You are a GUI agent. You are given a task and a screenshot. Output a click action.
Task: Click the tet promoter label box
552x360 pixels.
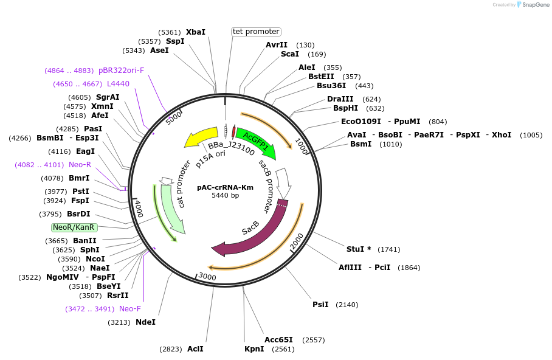(x=256, y=32)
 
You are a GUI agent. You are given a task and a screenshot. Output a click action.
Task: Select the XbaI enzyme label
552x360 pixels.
(x=196, y=32)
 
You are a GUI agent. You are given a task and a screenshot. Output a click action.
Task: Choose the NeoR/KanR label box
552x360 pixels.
(x=74, y=227)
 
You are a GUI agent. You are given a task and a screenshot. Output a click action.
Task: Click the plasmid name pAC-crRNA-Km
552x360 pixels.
(x=225, y=187)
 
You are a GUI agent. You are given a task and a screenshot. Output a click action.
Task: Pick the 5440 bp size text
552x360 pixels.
(x=225, y=195)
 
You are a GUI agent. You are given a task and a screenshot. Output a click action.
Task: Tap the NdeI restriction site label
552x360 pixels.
(x=145, y=322)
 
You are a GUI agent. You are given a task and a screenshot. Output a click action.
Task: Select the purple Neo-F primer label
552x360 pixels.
(x=130, y=308)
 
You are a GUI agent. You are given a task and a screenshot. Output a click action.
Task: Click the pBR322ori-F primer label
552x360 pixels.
(x=122, y=70)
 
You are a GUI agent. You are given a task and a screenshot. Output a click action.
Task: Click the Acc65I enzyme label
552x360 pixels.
(x=278, y=339)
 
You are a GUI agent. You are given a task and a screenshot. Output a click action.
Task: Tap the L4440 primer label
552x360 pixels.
(x=118, y=83)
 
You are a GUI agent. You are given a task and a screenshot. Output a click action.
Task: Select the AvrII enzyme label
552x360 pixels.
(x=277, y=45)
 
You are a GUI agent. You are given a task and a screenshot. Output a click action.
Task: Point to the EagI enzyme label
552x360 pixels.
(x=85, y=151)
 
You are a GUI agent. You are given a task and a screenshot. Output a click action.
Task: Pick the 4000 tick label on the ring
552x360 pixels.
(x=139, y=207)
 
